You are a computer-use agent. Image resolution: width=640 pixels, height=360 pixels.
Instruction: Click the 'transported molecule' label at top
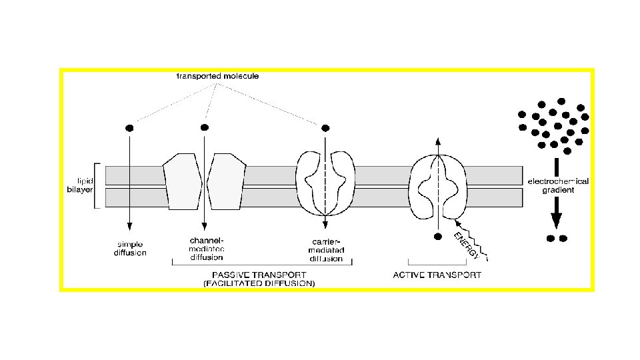pos(217,76)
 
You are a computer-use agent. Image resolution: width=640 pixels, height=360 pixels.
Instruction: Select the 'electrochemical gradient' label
pos(558,185)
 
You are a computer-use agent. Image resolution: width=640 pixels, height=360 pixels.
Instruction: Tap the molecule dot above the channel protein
pos(205,127)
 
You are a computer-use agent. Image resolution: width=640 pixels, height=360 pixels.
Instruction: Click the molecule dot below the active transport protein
pos(437,236)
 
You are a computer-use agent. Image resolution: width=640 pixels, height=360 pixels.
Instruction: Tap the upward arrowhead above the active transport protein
pos(437,142)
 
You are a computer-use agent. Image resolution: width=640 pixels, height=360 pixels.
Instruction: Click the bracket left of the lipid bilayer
pos(97,185)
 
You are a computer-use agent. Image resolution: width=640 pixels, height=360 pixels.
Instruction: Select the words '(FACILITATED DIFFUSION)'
pos(259,283)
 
